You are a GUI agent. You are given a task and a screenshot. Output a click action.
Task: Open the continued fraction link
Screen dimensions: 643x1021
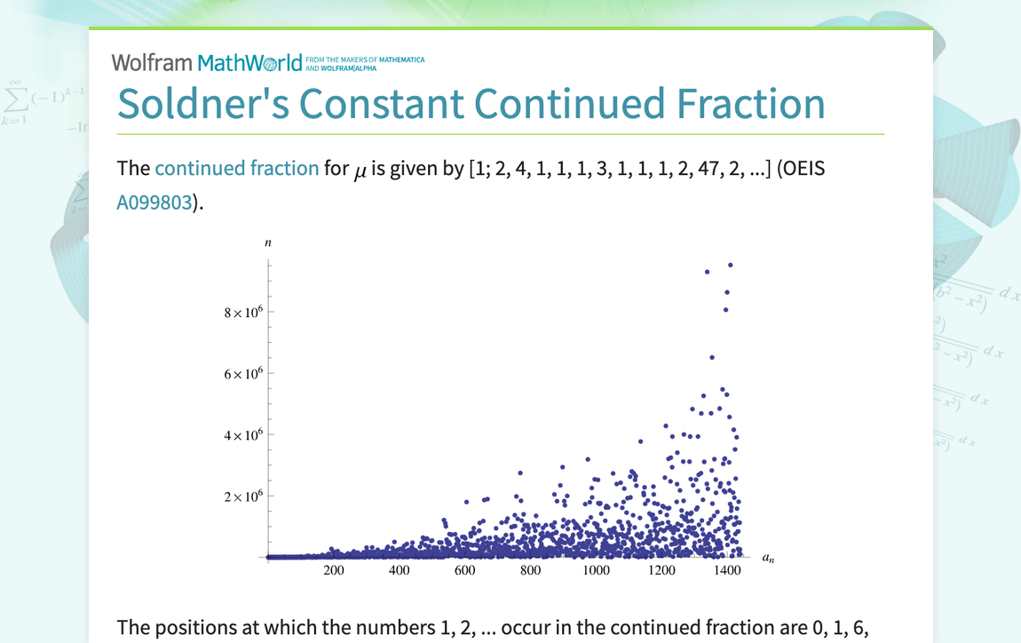click(x=236, y=168)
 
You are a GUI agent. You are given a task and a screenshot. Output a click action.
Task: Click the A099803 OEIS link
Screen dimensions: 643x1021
click(x=154, y=202)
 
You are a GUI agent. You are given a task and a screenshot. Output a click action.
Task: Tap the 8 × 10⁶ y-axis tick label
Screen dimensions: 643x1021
click(x=244, y=313)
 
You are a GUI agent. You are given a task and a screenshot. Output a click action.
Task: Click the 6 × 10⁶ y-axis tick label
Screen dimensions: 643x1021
click(x=244, y=374)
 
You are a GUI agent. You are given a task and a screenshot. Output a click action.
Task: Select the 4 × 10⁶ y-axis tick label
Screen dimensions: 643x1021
click(x=244, y=435)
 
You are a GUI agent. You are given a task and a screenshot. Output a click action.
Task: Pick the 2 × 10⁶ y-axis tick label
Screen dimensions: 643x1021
click(x=244, y=496)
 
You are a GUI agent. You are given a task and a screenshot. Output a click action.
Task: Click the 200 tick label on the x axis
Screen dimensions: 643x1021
click(x=334, y=570)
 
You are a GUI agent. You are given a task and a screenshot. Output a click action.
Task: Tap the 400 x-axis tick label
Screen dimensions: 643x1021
click(x=400, y=570)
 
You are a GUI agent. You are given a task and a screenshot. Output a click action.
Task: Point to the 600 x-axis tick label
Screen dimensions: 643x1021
click(x=465, y=570)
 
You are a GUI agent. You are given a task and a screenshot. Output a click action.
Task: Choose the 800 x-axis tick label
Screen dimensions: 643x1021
click(x=531, y=570)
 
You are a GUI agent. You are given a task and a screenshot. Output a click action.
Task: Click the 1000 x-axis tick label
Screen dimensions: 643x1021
click(x=597, y=570)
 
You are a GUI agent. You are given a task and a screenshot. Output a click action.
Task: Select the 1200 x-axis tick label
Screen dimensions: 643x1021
click(x=662, y=570)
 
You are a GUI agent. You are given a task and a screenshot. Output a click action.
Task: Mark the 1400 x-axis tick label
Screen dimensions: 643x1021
click(x=727, y=570)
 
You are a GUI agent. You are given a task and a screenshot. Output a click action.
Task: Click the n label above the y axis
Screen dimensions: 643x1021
click(x=268, y=242)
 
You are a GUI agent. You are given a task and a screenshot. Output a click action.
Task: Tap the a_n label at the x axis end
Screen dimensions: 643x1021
click(x=768, y=558)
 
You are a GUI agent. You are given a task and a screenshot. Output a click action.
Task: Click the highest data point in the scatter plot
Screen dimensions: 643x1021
click(x=731, y=265)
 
